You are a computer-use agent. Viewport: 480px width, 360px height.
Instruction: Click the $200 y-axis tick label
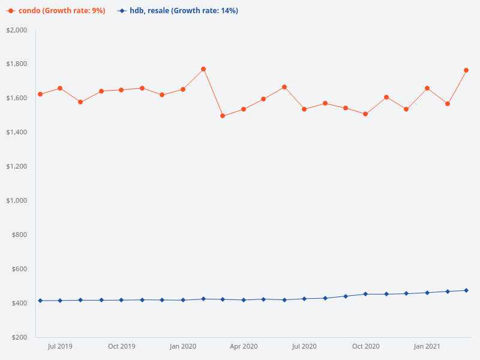click(20, 337)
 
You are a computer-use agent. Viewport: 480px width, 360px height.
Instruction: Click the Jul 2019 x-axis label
click(60, 346)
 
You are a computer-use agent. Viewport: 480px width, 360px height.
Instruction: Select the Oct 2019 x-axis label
click(121, 346)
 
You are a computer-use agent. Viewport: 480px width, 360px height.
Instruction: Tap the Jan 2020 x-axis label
click(183, 346)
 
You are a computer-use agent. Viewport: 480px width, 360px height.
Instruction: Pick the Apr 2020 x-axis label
click(244, 346)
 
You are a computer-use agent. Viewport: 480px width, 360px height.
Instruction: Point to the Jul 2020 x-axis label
click(304, 346)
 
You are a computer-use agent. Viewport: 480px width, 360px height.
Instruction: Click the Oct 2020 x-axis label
click(365, 346)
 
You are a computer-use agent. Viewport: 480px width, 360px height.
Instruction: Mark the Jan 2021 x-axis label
click(427, 346)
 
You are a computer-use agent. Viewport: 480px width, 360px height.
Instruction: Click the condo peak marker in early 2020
click(203, 69)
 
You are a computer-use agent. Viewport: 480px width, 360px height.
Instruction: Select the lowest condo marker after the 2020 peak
click(223, 116)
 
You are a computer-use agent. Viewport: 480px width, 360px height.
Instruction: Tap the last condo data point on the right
click(466, 70)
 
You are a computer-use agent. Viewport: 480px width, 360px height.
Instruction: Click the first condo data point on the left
click(40, 94)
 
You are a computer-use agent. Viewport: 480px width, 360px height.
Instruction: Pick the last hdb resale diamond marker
click(466, 290)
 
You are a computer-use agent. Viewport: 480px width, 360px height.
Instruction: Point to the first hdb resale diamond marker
click(40, 301)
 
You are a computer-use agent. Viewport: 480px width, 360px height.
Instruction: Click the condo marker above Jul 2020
click(304, 109)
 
